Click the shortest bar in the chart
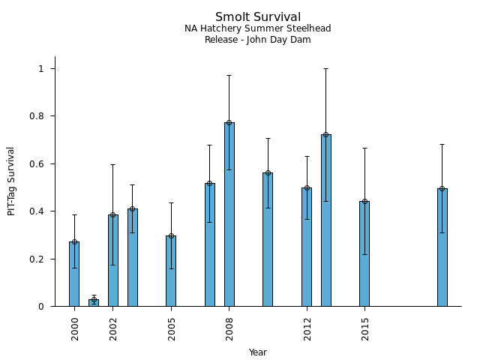click(x=94, y=303)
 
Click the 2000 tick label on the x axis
click(x=75, y=328)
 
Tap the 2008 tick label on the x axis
click(x=229, y=328)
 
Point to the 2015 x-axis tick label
click(x=365, y=328)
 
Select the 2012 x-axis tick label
click(x=307, y=328)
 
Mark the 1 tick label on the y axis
click(x=42, y=69)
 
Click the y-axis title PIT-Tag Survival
click(x=11, y=181)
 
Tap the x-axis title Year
click(x=258, y=352)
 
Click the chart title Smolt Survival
click(x=258, y=17)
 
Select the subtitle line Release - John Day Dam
click(x=258, y=40)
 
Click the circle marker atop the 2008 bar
click(x=229, y=122)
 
